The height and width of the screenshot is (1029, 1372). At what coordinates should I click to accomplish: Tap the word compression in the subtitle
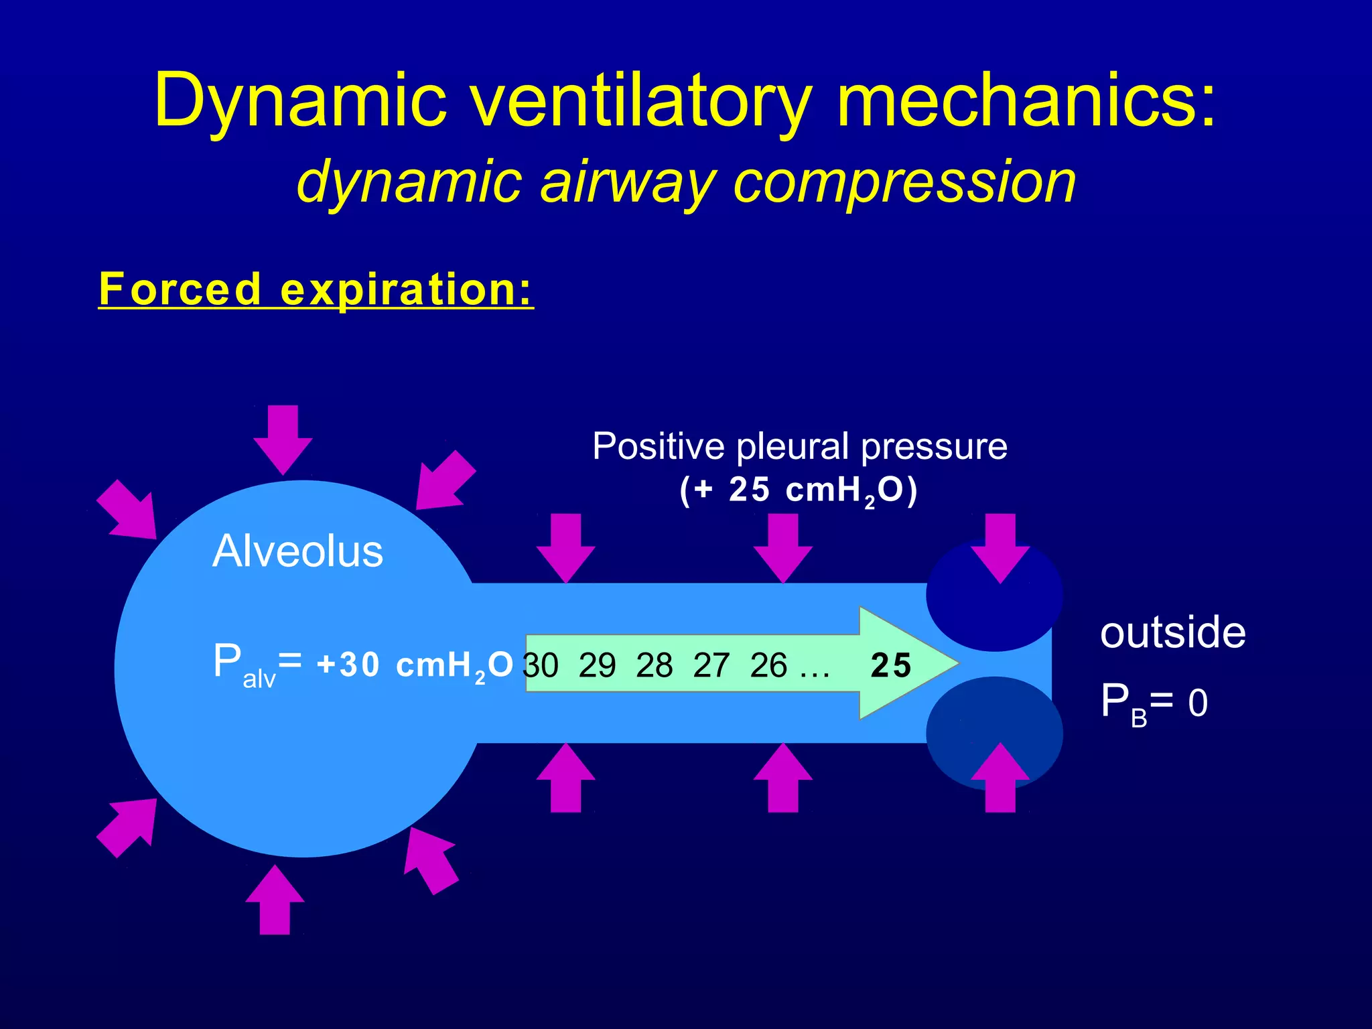tap(904, 182)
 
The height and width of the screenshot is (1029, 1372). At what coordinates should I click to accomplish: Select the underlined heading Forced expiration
tap(316, 289)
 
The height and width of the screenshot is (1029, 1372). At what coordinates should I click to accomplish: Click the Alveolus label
tap(297, 551)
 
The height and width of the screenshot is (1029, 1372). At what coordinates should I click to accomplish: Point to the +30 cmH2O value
tap(415, 665)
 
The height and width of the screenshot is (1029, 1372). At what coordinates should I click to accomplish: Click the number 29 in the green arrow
tap(597, 666)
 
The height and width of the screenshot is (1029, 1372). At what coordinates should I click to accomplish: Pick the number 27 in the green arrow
tap(711, 666)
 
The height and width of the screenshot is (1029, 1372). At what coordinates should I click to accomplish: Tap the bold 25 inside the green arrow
tap(890, 666)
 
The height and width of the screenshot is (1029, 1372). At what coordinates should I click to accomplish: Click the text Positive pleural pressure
tap(799, 447)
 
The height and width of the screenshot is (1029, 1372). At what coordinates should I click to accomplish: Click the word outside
tap(1172, 633)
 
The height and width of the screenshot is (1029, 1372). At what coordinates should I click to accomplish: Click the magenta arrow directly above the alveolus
tap(283, 439)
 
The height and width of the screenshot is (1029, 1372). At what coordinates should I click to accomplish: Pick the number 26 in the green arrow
tap(768, 666)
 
